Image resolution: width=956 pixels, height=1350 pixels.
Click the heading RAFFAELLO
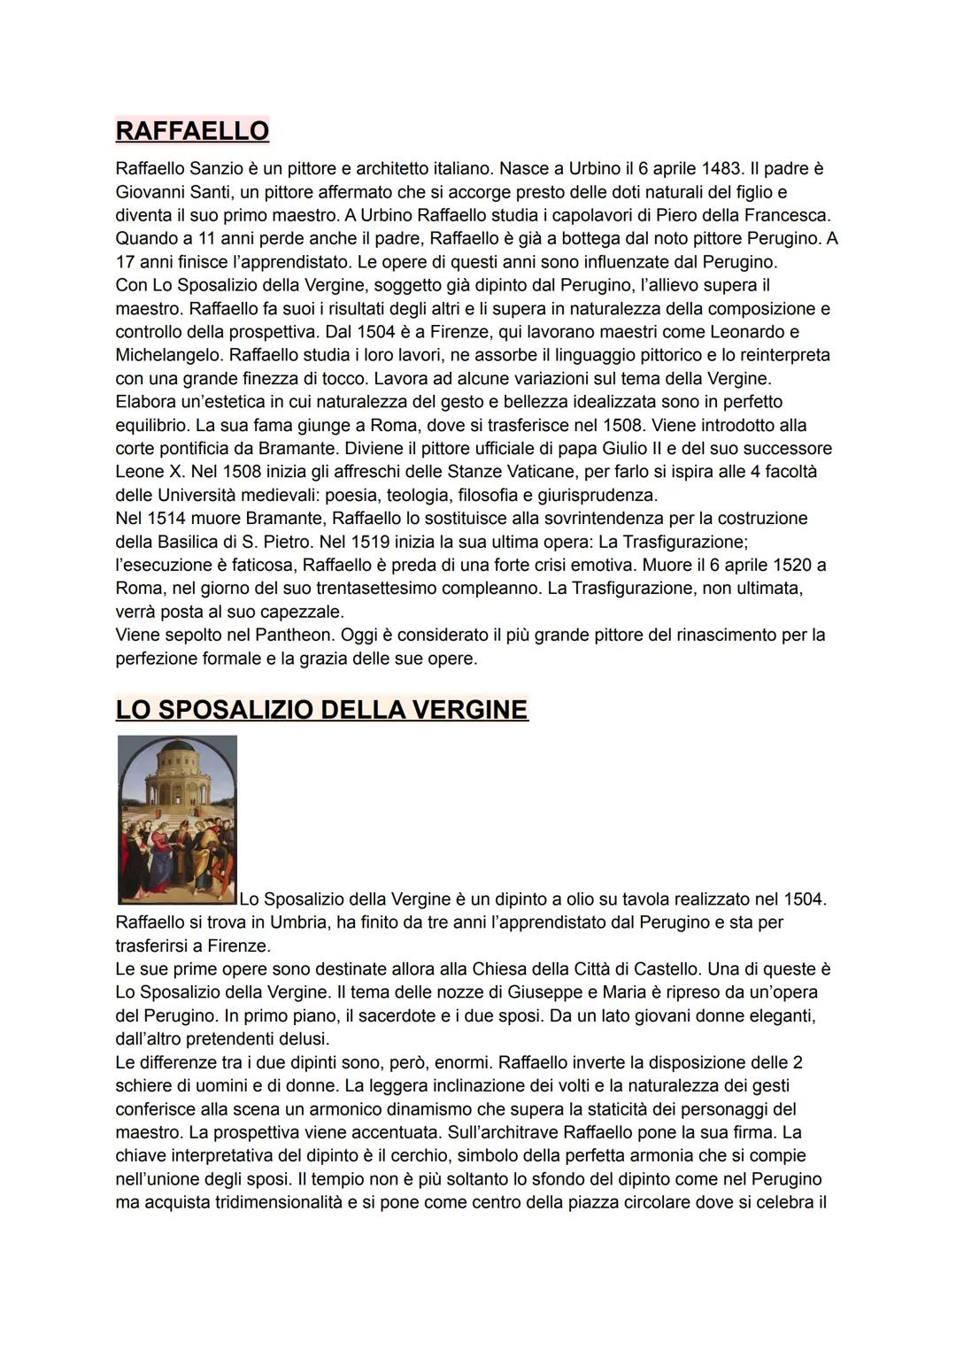[x=192, y=130]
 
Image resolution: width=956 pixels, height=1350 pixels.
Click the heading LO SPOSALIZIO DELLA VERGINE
[x=321, y=709]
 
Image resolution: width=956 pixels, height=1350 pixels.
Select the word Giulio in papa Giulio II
[x=625, y=448]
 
